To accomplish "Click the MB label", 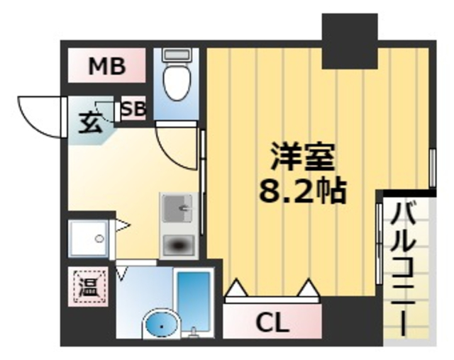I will pos(107,67).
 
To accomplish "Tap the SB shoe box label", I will pos(133,110).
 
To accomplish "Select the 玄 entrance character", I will pos(88,124).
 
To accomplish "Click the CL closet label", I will pos(272,324).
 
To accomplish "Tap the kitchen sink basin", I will pos(177,209).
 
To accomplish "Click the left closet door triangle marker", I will pos(236,288).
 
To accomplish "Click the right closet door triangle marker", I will pos(309,288).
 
